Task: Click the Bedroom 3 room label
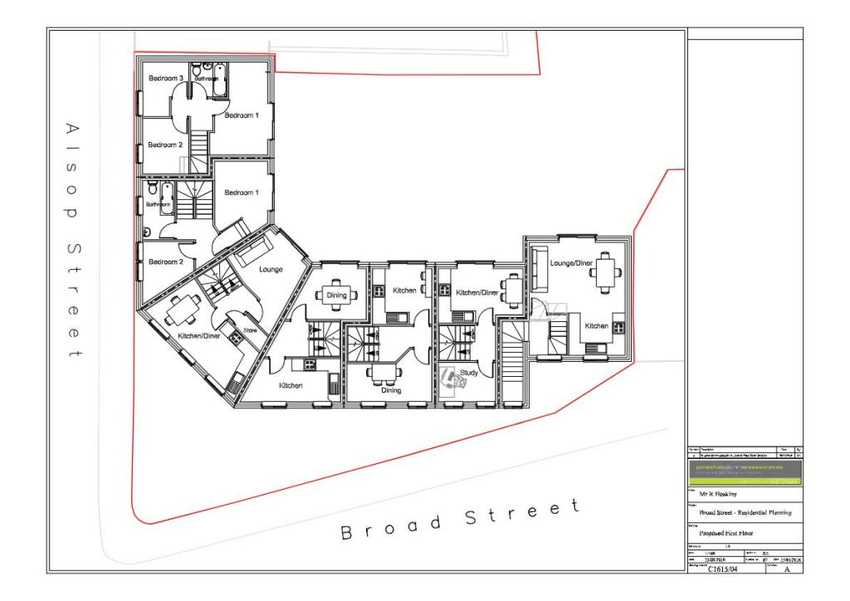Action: [165, 78]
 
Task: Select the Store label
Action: [250, 330]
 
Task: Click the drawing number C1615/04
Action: [724, 570]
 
